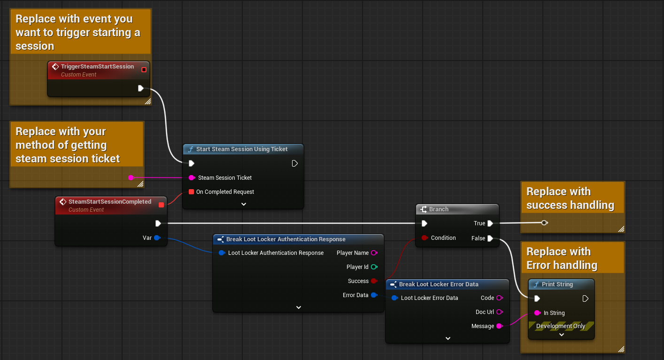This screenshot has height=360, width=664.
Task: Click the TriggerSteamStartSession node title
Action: (x=97, y=67)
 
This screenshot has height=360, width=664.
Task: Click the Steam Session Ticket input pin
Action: (x=191, y=178)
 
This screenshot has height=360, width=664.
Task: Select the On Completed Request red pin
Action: (x=191, y=192)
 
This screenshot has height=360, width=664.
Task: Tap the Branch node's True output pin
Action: (x=490, y=223)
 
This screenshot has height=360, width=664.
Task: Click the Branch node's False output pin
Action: (x=490, y=238)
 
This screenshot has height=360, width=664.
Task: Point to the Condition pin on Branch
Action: (x=424, y=238)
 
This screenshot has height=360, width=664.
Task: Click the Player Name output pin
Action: (x=374, y=253)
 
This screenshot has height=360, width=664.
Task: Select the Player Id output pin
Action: (x=374, y=267)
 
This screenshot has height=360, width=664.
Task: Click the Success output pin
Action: (x=374, y=281)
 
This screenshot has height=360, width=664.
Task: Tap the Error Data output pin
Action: (x=374, y=295)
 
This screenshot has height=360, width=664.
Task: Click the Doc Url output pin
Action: (x=499, y=312)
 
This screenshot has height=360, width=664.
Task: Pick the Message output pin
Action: (x=499, y=326)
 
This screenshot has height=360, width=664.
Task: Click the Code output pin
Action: (x=499, y=298)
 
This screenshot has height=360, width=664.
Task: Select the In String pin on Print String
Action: (x=537, y=313)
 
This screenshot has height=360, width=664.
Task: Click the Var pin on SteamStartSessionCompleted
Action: (x=157, y=238)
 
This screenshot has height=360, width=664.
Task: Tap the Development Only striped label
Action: (x=561, y=326)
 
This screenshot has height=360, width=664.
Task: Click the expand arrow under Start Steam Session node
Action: (x=243, y=204)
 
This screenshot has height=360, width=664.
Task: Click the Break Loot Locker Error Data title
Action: (x=439, y=284)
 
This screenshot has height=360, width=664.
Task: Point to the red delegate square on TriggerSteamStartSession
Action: (x=144, y=70)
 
